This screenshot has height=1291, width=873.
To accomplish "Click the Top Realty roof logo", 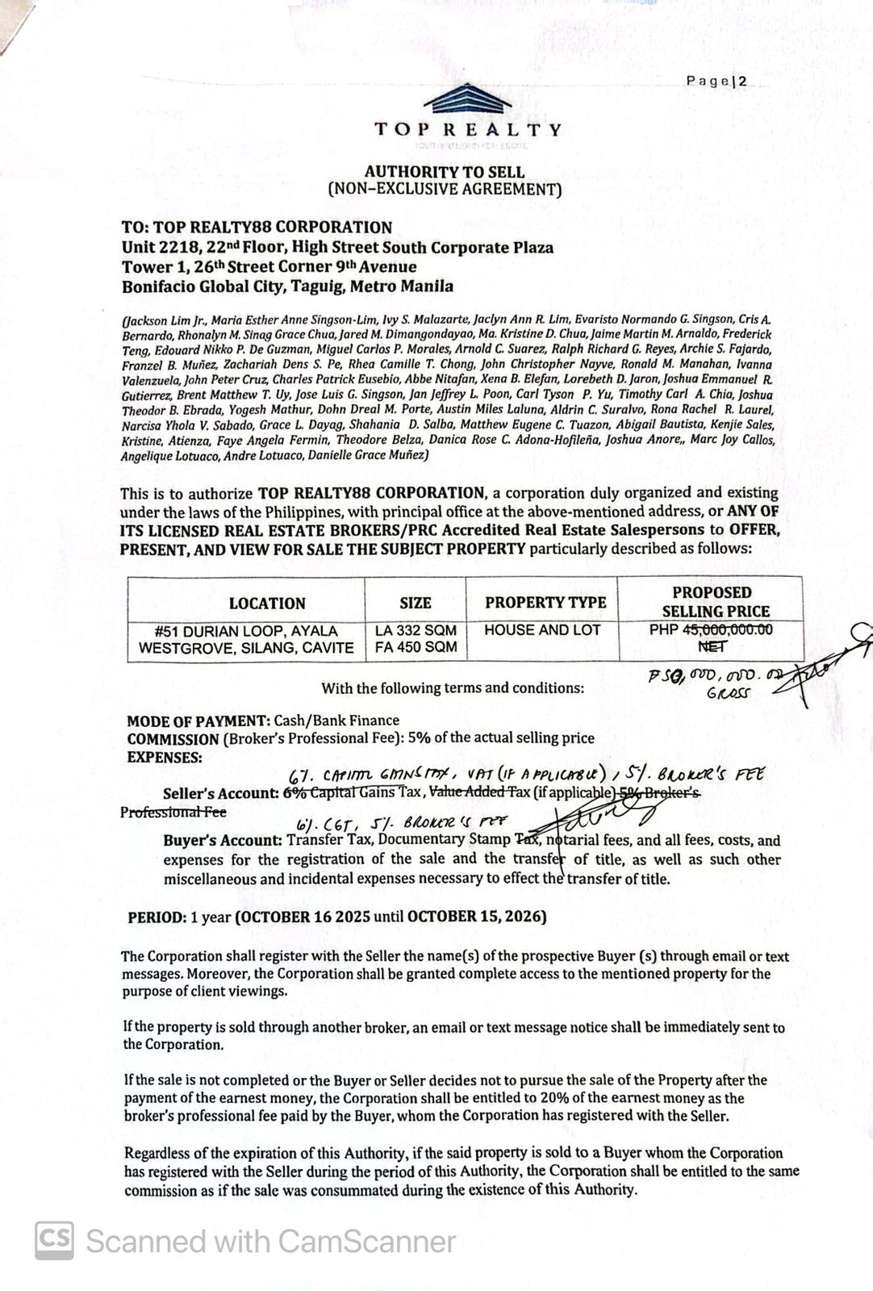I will coord(467,101).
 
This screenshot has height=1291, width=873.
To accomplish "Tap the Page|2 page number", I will coord(716,81).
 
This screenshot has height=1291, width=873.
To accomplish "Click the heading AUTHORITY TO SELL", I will coord(444,172).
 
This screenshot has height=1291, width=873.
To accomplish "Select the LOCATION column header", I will coord(267,604).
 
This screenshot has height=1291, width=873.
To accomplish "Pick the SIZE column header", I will coord(416,603).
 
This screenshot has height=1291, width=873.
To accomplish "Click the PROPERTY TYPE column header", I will coord(545,602).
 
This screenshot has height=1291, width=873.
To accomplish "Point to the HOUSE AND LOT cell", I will coord(542,630).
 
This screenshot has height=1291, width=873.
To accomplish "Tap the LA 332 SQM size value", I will coord(416,630).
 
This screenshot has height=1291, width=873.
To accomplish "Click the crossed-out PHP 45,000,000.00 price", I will coord(711,629).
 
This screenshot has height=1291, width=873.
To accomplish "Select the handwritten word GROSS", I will coord(728,693).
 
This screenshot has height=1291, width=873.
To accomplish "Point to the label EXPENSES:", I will coord(165,758).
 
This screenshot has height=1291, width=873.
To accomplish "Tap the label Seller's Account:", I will coord(220,793).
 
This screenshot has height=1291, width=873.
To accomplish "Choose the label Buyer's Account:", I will coord(223,841).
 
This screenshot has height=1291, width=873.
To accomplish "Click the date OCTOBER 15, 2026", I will coord(476,917).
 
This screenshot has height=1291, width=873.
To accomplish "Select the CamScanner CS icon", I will coord(54,1240).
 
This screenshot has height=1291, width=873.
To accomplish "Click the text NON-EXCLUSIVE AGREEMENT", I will coord(444,190).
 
